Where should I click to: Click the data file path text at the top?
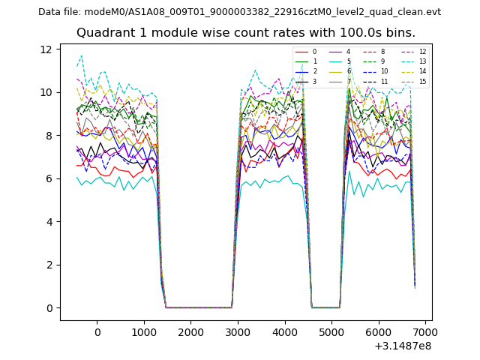(239, 12)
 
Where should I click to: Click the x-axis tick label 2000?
(190, 332)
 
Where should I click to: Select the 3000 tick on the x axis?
(238, 332)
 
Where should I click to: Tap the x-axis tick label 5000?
(331, 332)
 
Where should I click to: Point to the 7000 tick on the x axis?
(425, 332)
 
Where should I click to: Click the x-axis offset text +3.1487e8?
(404, 346)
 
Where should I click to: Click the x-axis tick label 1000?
(144, 332)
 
